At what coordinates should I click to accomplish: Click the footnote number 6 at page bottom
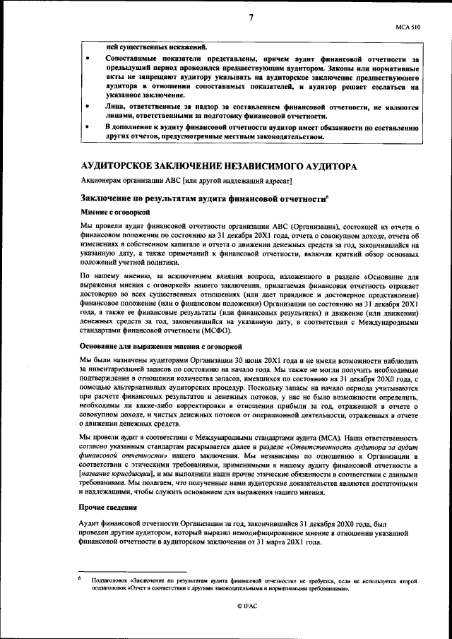81,577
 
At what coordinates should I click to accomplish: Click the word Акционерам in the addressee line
104,181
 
